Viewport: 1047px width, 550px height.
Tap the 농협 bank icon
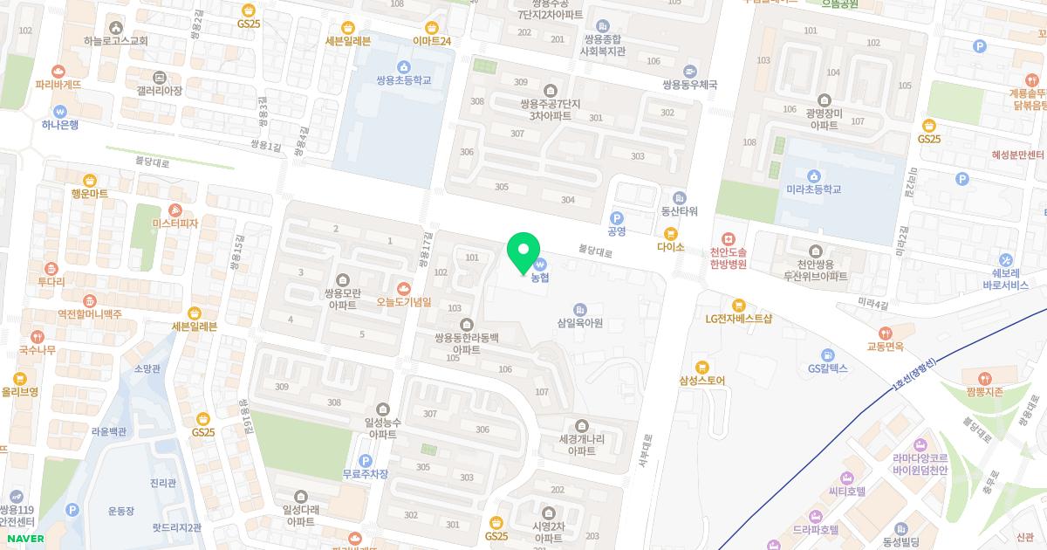point(540,264)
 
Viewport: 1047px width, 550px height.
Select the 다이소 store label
point(670,247)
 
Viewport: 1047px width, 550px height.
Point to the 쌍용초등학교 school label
point(403,80)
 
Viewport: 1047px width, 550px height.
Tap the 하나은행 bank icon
point(59,112)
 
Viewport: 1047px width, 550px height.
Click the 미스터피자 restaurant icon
point(175,210)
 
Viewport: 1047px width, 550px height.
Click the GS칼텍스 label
point(827,368)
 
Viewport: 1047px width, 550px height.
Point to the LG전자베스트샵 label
point(738,319)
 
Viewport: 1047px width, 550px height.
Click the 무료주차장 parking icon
point(365,460)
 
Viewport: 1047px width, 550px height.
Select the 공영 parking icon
point(617,218)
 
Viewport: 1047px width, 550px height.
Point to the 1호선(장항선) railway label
point(914,376)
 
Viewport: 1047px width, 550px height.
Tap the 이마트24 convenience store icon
point(432,27)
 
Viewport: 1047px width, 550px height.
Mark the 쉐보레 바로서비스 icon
point(1006,259)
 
